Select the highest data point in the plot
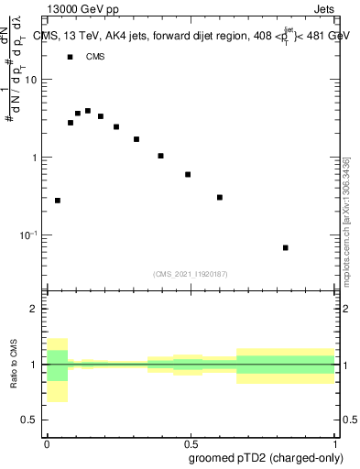click(88, 111)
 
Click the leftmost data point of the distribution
click(58, 200)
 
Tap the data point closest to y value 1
click(160, 156)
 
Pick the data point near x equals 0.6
click(220, 197)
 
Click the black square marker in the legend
click(70, 57)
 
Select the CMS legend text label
click(95, 57)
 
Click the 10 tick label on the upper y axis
click(31, 80)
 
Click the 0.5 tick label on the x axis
click(190, 442)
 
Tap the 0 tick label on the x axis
click(47, 442)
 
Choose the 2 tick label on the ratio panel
click(33, 309)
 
